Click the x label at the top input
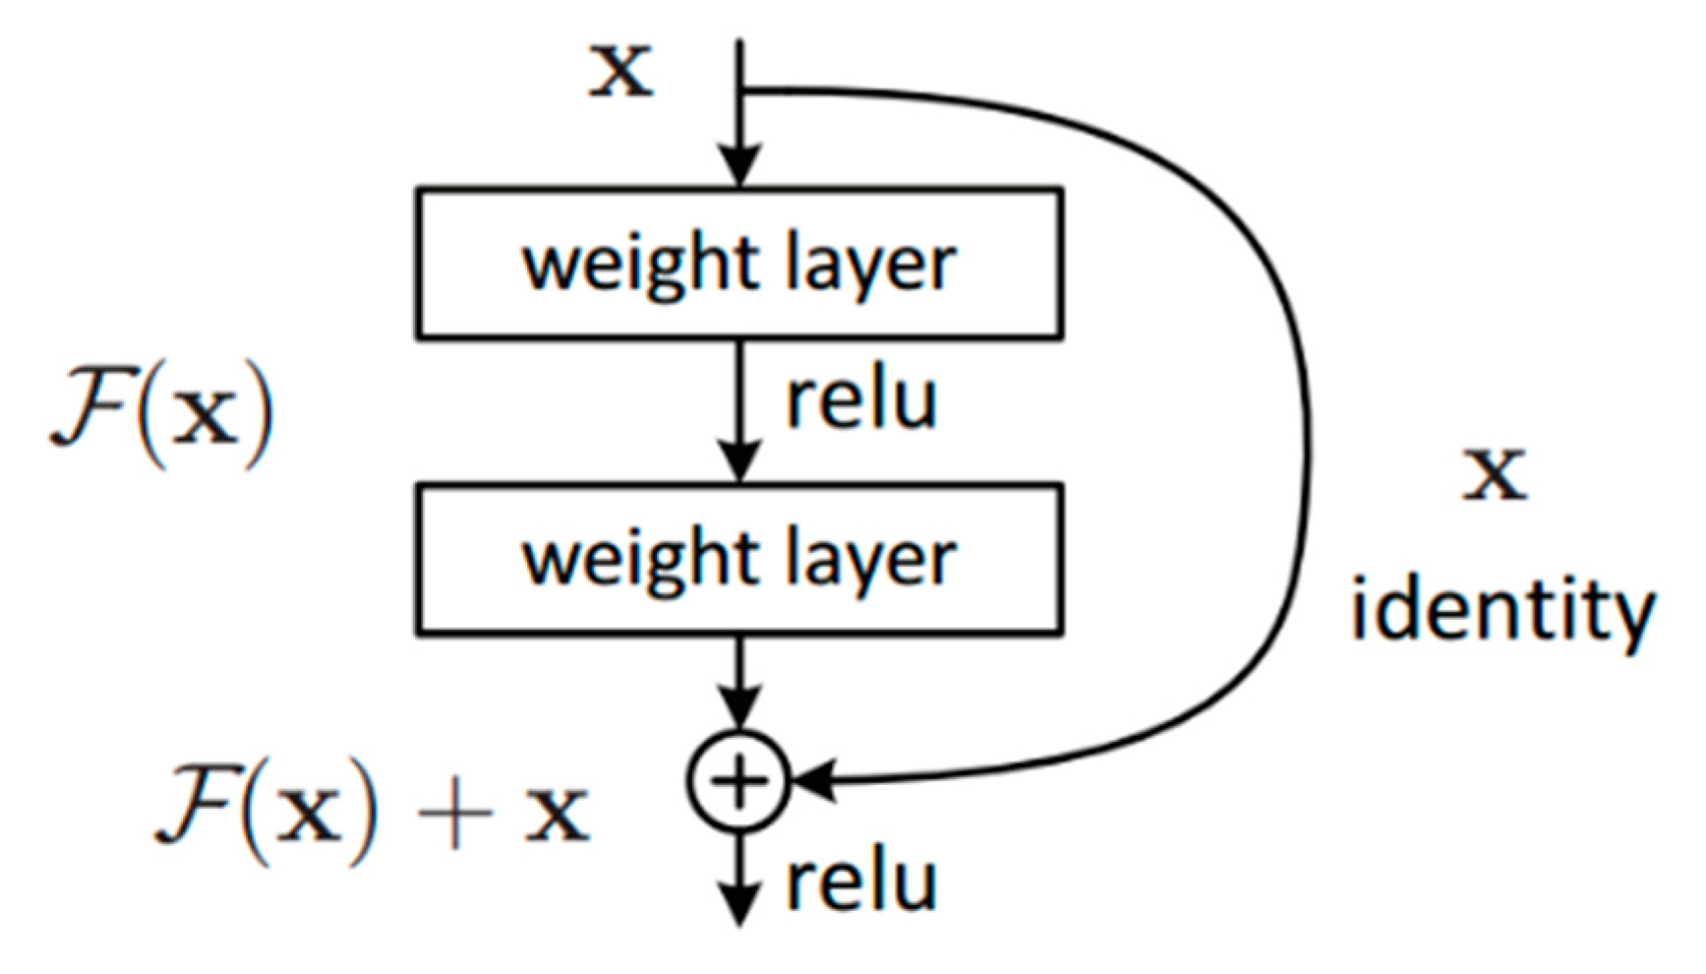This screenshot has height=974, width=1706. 620,72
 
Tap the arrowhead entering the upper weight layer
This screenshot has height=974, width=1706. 740,165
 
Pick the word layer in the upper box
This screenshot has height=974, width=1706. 871,264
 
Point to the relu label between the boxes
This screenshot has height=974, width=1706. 860,400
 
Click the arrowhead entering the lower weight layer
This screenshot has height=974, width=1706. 740,461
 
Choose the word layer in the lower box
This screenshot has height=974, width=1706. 871,559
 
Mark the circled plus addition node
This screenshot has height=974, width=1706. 739,782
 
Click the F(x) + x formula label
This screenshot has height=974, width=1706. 372,816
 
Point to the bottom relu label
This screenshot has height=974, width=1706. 860,881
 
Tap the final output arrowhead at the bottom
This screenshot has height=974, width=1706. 739,905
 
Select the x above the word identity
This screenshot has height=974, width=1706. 1495,474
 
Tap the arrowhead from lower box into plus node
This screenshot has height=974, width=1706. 740,710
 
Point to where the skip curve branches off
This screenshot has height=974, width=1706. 741,91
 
